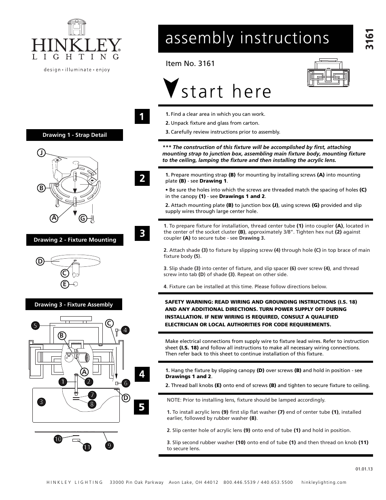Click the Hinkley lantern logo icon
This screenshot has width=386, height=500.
(x=76, y=27)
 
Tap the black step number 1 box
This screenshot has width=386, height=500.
(x=142, y=117)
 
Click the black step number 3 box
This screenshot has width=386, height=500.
(x=142, y=233)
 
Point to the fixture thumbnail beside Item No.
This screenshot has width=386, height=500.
(x=328, y=73)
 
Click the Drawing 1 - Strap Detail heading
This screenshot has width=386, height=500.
(x=74, y=135)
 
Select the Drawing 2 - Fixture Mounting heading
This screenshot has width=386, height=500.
(x=75, y=240)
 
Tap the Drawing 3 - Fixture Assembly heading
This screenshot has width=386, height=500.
(x=74, y=304)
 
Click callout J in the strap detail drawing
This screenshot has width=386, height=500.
(x=41, y=153)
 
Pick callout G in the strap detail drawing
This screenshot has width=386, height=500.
(x=83, y=219)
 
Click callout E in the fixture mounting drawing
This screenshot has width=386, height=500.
(x=64, y=284)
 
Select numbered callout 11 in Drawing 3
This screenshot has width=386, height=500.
(x=87, y=447)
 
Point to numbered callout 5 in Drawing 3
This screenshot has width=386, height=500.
(x=35, y=325)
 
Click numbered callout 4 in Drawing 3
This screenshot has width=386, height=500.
(x=125, y=330)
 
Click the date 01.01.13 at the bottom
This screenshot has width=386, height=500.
(x=364, y=469)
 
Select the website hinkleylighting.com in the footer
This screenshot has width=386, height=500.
(x=324, y=482)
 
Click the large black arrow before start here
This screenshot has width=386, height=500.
(x=171, y=88)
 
